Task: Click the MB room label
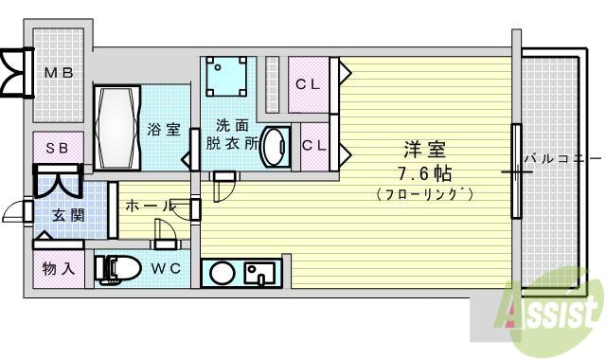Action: pyautogui.click(x=59, y=72)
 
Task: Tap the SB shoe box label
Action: pyautogui.click(x=58, y=148)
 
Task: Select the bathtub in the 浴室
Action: pyautogui.click(x=116, y=127)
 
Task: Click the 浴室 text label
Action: pyautogui.click(x=164, y=129)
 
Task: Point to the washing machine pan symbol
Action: pyautogui.click(x=226, y=77)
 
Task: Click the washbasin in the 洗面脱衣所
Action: pyautogui.click(x=276, y=147)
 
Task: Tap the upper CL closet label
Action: pyautogui.click(x=308, y=84)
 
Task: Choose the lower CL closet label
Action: pyautogui.click(x=313, y=145)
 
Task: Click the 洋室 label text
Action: pyautogui.click(x=424, y=150)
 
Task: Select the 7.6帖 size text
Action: pyautogui.click(x=424, y=173)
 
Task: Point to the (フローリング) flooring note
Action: pyautogui.click(x=424, y=193)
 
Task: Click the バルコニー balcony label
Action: pyautogui.click(x=562, y=158)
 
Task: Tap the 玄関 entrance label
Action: pyautogui.click(x=68, y=216)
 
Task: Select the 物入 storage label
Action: pyautogui.click(x=59, y=268)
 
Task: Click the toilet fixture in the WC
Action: pyautogui.click(x=117, y=269)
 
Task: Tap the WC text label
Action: pyautogui.click(x=166, y=268)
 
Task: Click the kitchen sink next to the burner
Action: pyautogui.click(x=259, y=274)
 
